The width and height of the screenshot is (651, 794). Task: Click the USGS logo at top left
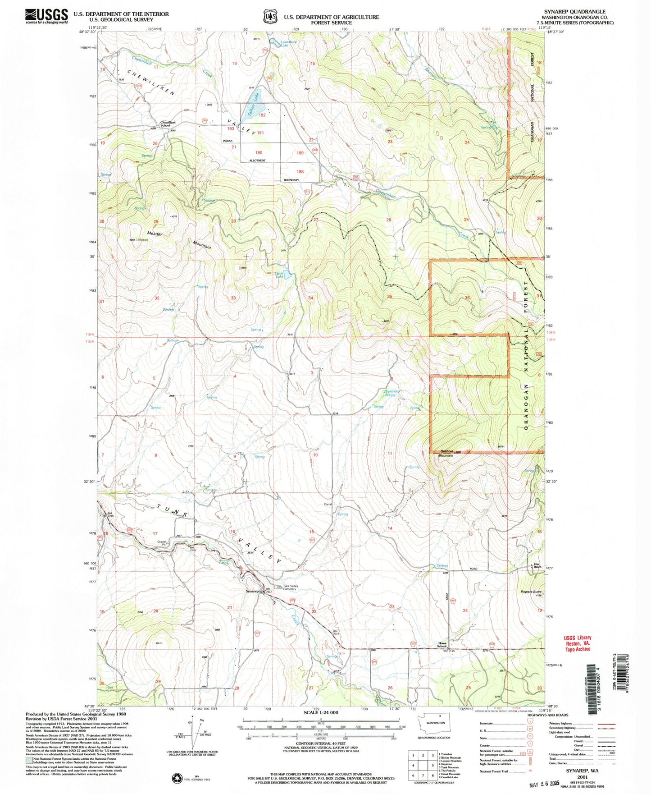[46, 16]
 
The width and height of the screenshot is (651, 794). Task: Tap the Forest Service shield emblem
[270, 17]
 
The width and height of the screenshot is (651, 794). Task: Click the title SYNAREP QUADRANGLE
[581, 12]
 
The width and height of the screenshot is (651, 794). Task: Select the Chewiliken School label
[168, 124]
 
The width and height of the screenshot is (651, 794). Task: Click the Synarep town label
[252, 591]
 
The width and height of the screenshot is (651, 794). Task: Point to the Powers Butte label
[530, 592]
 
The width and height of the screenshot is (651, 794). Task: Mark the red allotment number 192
[262, 115]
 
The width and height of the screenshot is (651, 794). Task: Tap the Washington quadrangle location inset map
[435, 726]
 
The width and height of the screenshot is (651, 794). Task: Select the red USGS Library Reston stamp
[577, 643]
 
